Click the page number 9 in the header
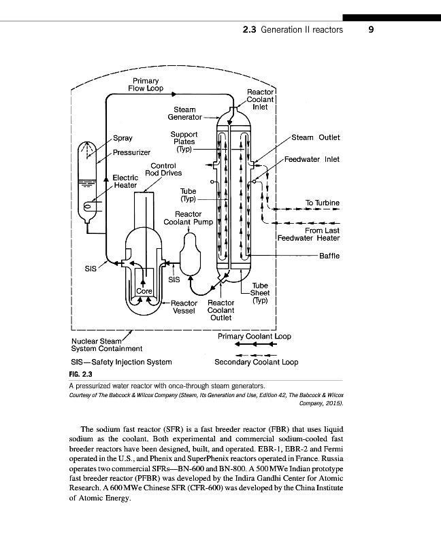click(370, 30)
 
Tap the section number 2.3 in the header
click(250, 30)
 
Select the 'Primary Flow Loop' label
click(146, 84)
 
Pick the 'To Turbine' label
click(322, 203)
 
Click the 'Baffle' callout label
click(329, 256)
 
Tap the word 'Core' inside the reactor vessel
click(144, 290)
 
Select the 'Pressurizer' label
click(131, 152)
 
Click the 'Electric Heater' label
click(125, 181)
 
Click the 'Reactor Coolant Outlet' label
click(221, 310)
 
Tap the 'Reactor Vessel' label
click(184, 307)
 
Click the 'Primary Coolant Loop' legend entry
click(254, 336)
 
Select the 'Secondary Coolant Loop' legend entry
click(256, 362)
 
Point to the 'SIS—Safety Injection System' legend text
click(121, 362)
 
